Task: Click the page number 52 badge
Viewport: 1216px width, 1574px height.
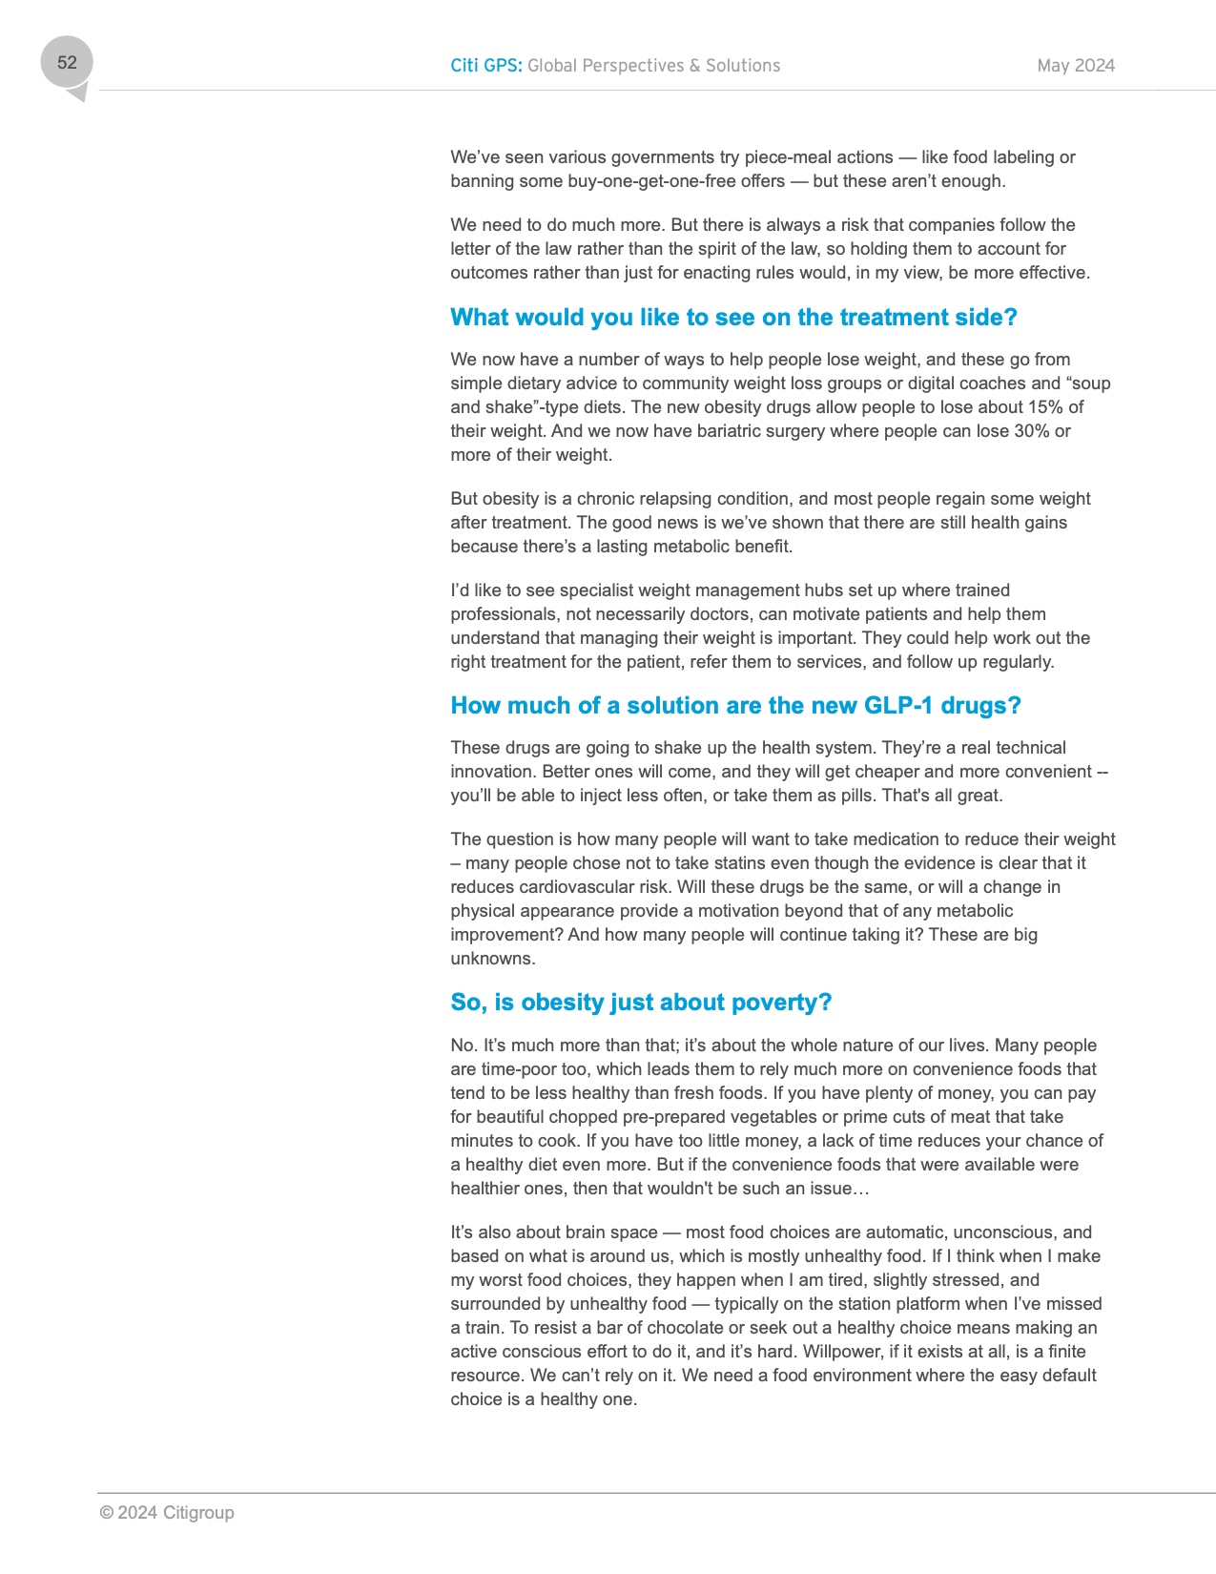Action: tap(67, 63)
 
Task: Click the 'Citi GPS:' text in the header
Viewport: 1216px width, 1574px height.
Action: tap(485, 66)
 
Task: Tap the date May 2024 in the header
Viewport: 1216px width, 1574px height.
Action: tap(1076, 66)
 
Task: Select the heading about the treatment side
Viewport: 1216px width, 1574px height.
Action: tap(733, 318)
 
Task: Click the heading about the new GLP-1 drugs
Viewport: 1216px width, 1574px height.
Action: tap(735, 706)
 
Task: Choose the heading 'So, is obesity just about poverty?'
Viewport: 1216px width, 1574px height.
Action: tap(641, 1003)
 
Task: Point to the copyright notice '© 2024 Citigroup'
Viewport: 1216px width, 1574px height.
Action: tap(167, 1513)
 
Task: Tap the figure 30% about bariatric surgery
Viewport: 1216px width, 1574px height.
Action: tap(1030, 431)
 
